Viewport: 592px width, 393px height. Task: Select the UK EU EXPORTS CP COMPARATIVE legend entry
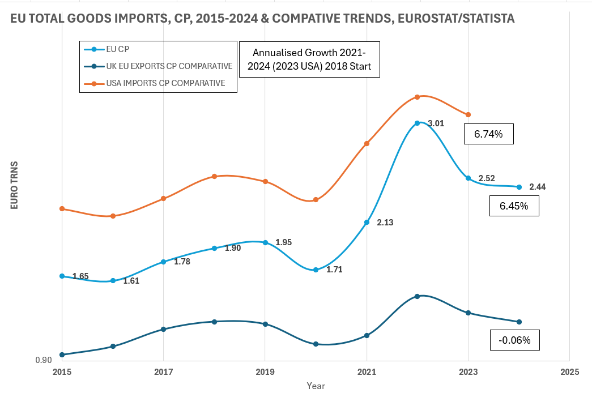pos(169,66)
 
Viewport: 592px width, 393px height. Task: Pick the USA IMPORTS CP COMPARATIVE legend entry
pos(165,83)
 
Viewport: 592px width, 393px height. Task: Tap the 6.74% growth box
pos(488,134)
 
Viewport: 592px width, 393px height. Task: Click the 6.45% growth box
pos(514,206)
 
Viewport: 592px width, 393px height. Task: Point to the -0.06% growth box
pos(514,340)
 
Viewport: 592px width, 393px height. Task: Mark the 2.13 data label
pos(385,223)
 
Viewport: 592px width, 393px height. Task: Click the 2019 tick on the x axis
pos(265,372)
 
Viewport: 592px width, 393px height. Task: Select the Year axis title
pos(316,386)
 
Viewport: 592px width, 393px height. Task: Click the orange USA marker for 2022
pos(417,97)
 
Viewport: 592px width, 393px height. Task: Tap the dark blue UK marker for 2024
pos(519,322)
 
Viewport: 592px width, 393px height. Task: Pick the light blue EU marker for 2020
pos(316,270)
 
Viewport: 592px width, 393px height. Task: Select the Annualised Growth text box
pos(309,59)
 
